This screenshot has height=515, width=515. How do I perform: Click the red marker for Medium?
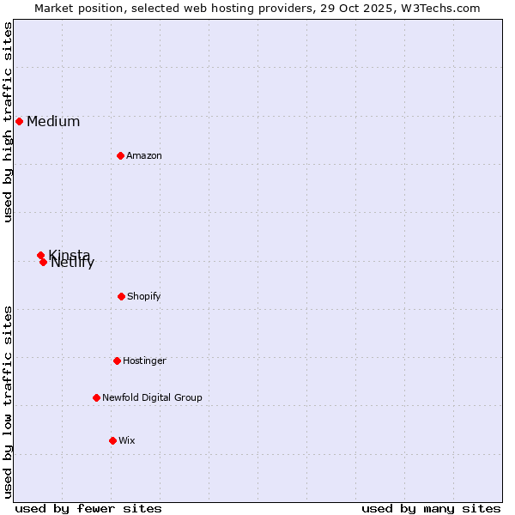click(x=19, y=121)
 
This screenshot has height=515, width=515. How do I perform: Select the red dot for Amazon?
click(x=120, y=155)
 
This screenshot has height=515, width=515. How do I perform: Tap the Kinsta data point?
click(x=40, y=255)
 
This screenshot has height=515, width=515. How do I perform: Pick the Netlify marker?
click(x=43, y=262)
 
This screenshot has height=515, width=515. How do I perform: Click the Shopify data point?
click(x=121, y=296)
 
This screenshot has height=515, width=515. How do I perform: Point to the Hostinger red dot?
click(x=117, y=360)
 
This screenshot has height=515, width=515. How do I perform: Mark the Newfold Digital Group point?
click(x=96, y=397)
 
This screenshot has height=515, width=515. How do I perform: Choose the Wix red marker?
click(x=112, y=440)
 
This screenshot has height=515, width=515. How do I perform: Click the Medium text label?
click(x=53, y=121)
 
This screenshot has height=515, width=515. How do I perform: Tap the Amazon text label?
click(x=144, y=155)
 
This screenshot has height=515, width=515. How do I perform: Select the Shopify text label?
click(x=144, y=296)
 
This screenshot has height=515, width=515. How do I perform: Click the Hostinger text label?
click(x=144, y=360)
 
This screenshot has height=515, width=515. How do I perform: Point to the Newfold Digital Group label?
click(x=152, y=397)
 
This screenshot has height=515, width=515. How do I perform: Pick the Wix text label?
click(x=127, y=440)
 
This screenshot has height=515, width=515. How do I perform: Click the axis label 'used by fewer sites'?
click(x=88, y=508)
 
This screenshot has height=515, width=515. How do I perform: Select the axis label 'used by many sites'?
click(x=431, y=508)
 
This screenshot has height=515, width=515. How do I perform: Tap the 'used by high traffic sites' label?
click(x=9, y=122)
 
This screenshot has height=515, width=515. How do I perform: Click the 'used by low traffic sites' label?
click(x=9, y=401)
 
